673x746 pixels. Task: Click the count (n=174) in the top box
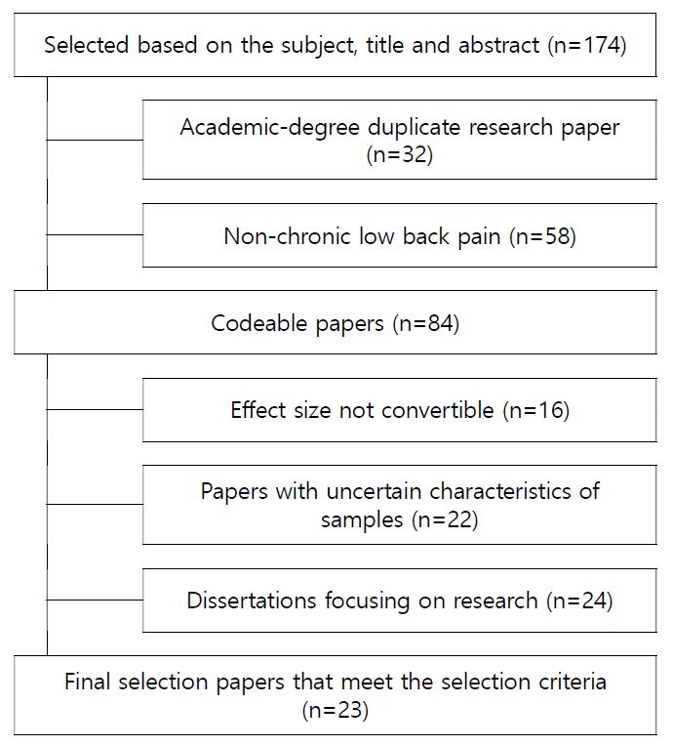[587, 45]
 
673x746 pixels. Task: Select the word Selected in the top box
[87, 45]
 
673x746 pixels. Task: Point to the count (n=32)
[400, 154]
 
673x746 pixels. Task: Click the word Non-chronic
[287, 236]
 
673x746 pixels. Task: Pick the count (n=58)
[542, 236]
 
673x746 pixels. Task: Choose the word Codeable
[259, 323]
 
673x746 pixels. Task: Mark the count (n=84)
[426, 323]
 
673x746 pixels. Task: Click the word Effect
[258, 410]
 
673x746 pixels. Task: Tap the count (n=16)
[536, 410]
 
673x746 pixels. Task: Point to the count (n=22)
[445, 519]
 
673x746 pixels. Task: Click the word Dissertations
[252, 601]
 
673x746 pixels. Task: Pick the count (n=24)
[579, 601]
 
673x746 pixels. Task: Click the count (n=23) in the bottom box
[336, 710]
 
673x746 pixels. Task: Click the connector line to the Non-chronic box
[95, 234]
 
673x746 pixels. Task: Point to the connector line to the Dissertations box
[95, 600]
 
